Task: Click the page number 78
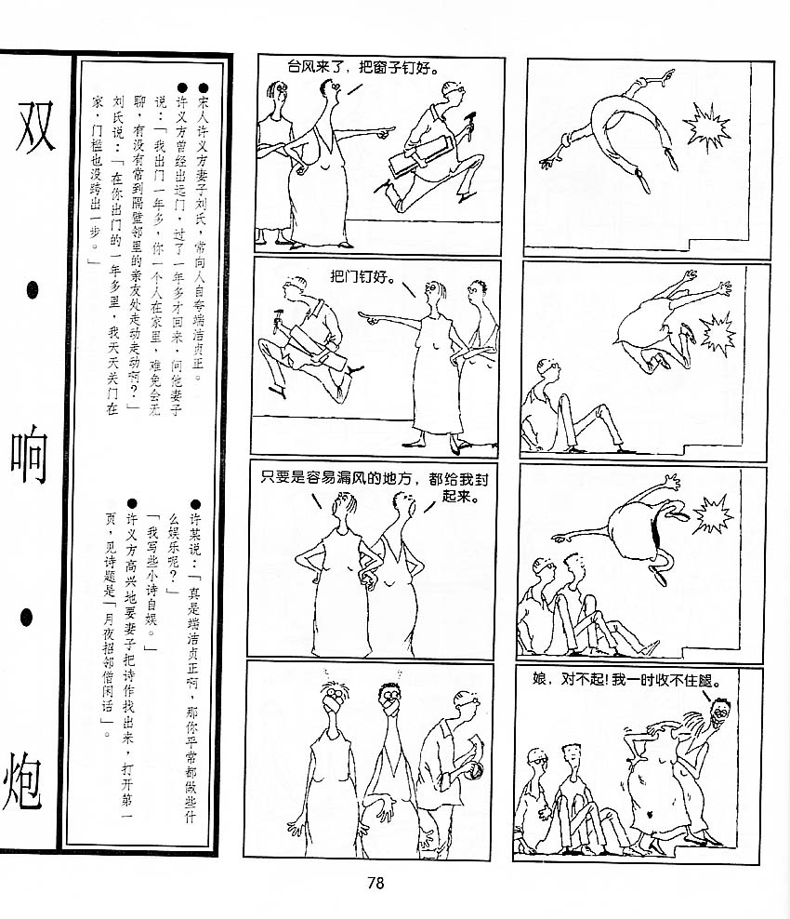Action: [x=375, y=883]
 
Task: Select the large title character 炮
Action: [x=23, y=782]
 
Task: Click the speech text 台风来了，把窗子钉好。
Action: [x=362, y=68]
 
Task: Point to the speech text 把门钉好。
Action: [x=362, y=275]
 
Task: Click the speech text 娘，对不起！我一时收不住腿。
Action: [x=625, y=680]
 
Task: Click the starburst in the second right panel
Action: [x=718, y=332]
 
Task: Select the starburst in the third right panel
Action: [x=712, y=514]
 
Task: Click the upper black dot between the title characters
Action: [x=33, y=289]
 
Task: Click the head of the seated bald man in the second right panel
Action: [x=548, y=369]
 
